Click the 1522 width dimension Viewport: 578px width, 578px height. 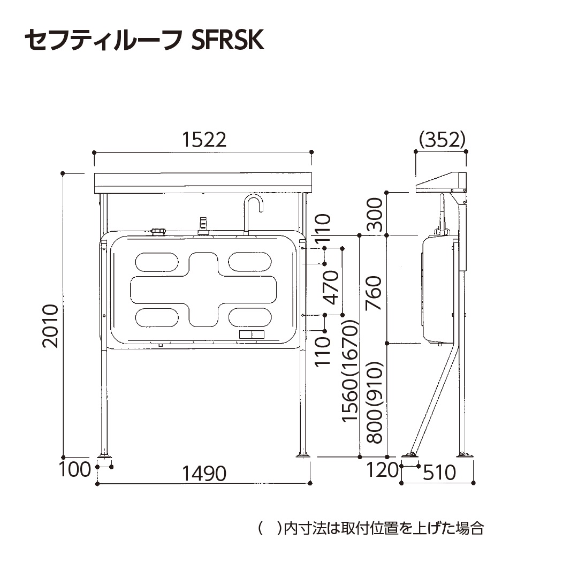(x=204, y=140)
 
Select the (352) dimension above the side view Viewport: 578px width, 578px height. (x=442, y=140)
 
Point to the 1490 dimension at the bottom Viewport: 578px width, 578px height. (x=204, y=473)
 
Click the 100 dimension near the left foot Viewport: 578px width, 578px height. (x=74, y=470)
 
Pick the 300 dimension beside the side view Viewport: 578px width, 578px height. (x=374, y=214)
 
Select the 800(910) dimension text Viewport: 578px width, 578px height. (x=374, y=402)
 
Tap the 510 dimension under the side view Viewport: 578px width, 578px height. (x=439, y=473)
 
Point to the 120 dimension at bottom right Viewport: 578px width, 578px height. (x=383, y=470)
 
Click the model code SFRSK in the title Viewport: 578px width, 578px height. (x=227, y=40)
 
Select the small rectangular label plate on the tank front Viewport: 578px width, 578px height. (x=251, y=334)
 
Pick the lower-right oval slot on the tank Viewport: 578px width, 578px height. (x=250, y=317)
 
